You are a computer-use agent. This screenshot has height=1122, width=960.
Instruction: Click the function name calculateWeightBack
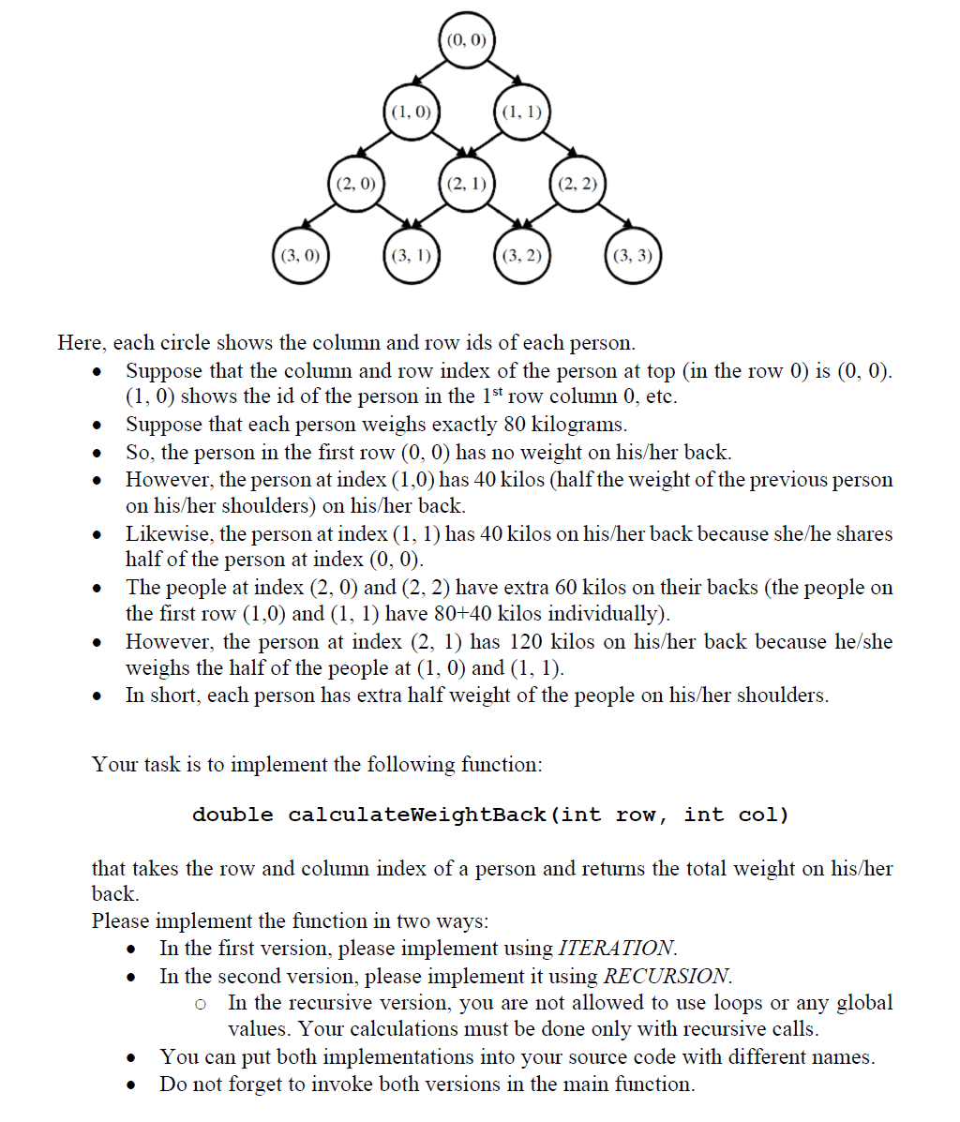pos(417,815)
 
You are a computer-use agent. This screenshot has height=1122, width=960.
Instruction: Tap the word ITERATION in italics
pos(616,948)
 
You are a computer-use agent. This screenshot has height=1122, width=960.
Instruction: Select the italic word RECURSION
pos(667,976)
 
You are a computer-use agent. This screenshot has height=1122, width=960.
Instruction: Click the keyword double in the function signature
pos(232,815)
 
